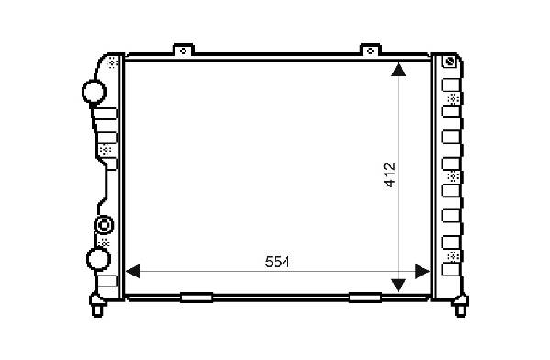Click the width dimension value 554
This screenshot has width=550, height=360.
(x=277, y=262)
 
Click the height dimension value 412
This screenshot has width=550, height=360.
(x=389, y=175)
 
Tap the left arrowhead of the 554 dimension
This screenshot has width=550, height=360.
(x=132, y=272)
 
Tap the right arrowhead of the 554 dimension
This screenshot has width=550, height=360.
(x=422, y=272)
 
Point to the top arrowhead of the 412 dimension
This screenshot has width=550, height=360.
(x=398, y=70)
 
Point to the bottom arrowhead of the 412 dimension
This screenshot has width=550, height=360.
(x=398, y=286)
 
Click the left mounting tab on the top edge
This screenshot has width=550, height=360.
(x=183, y=50)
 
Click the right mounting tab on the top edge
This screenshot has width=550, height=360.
(x=370, y=50)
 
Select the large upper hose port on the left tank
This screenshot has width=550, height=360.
(x=94, y=92)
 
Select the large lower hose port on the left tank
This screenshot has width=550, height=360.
(x=98, y=259)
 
